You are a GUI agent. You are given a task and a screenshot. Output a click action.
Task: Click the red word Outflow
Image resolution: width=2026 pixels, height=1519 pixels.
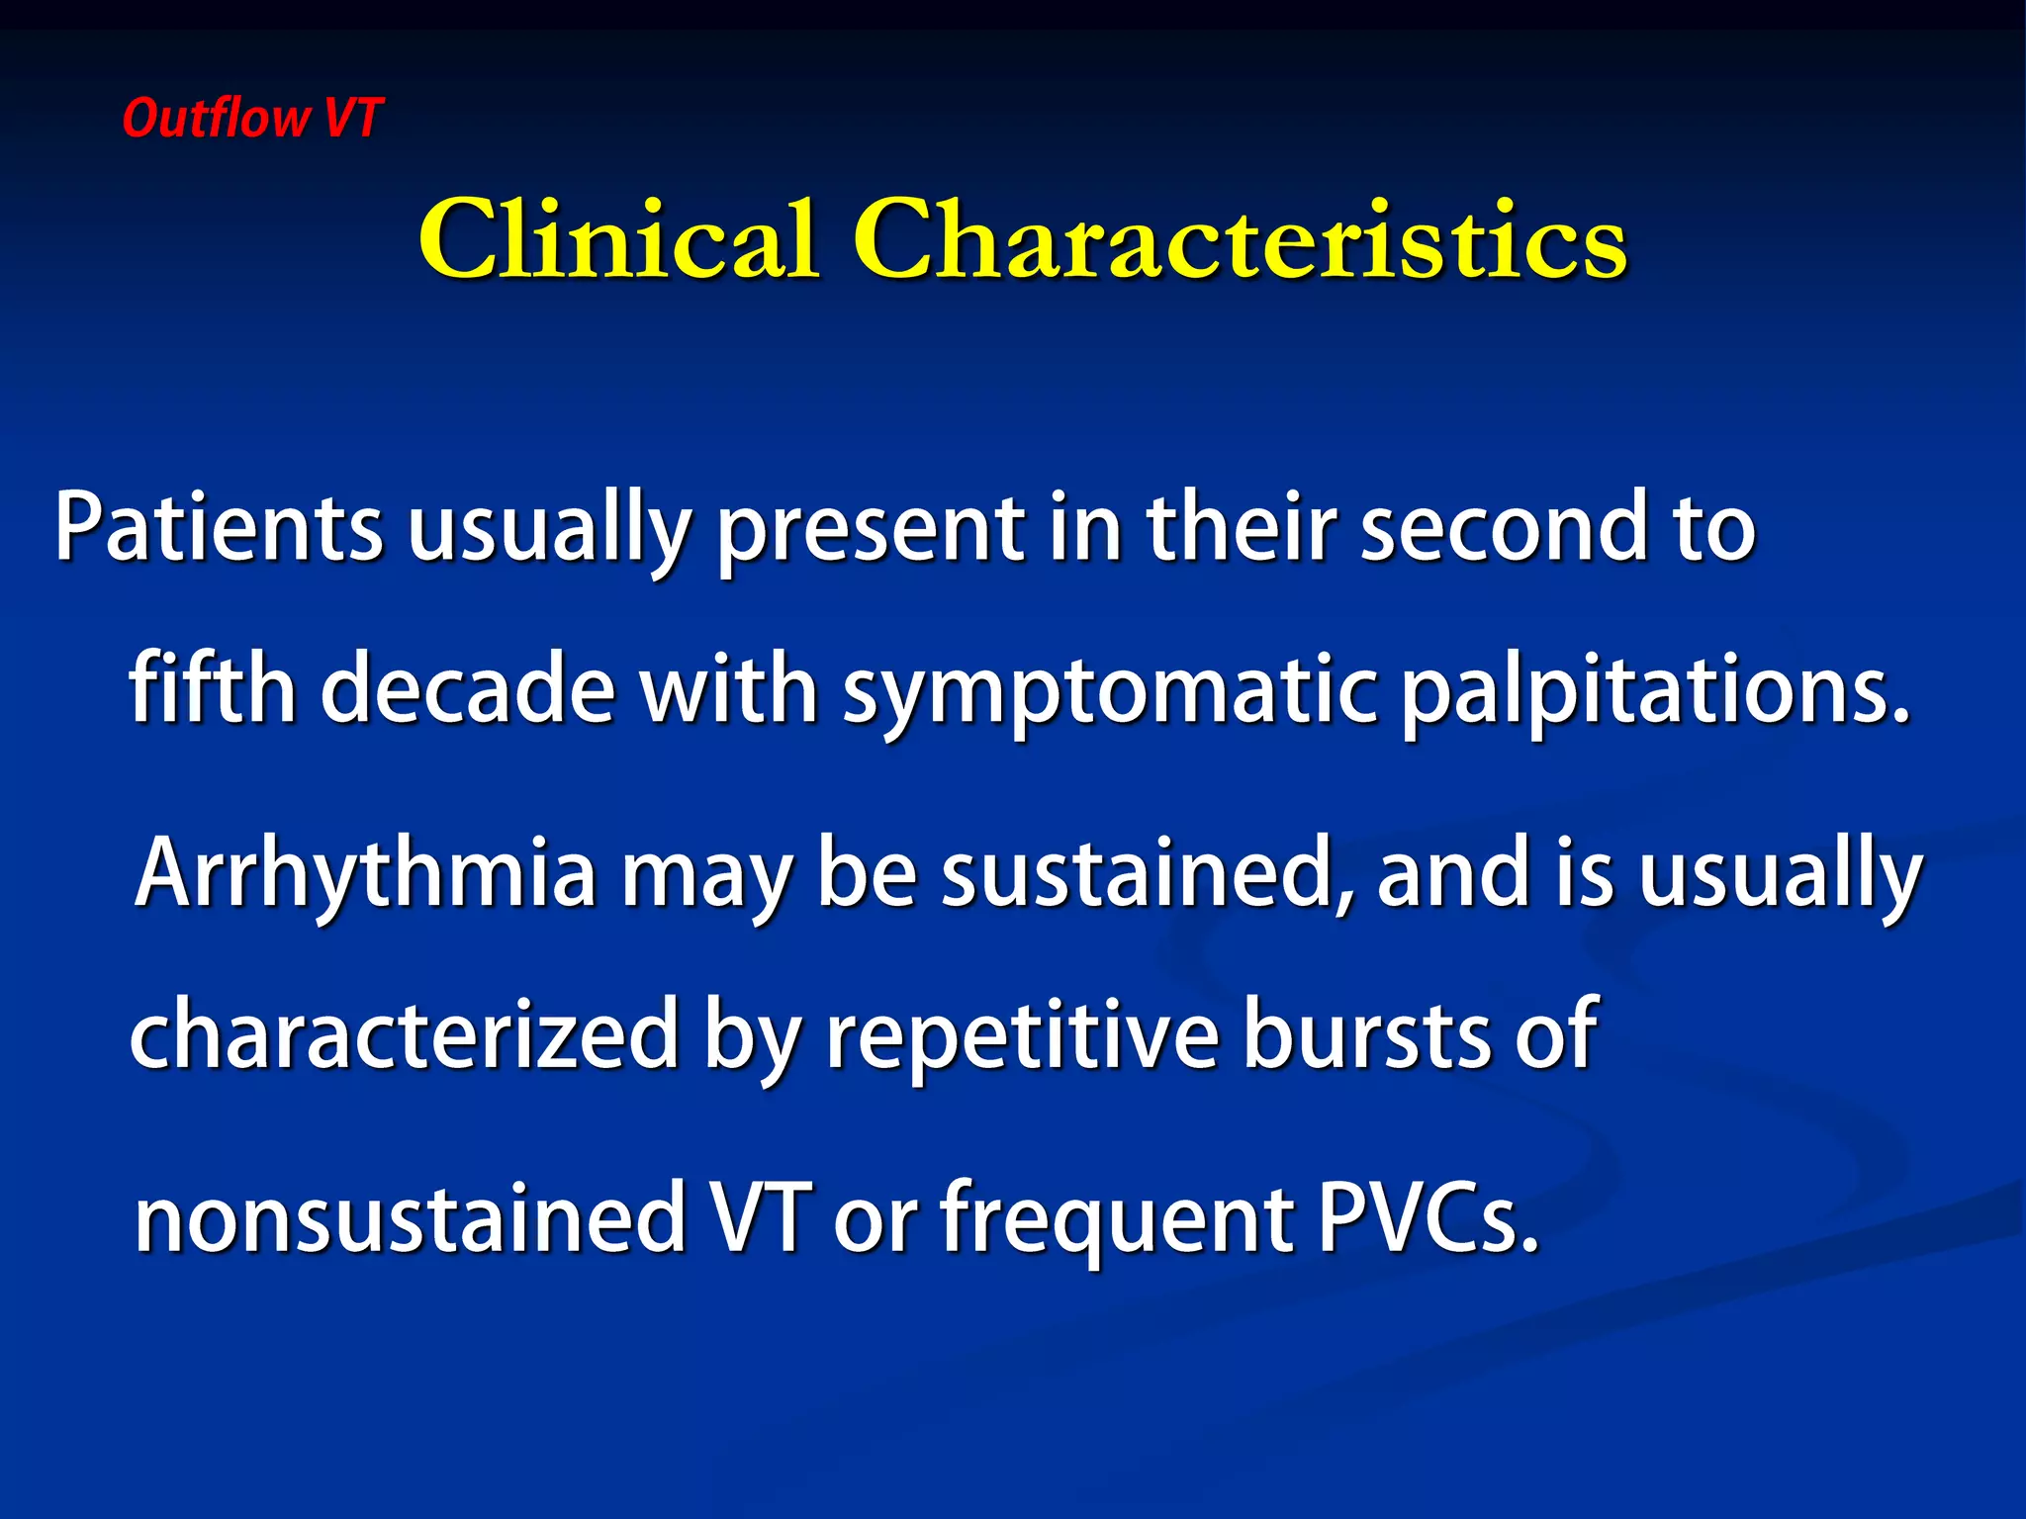216,119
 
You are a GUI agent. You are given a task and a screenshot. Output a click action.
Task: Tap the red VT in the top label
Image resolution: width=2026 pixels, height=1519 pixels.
352,119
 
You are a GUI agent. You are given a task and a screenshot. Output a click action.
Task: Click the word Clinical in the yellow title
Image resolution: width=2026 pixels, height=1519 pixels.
619,240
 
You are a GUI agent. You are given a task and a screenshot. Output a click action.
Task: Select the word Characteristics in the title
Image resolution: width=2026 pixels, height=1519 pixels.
1240,240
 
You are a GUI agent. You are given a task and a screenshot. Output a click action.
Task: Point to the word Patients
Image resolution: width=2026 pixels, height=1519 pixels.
218,528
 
